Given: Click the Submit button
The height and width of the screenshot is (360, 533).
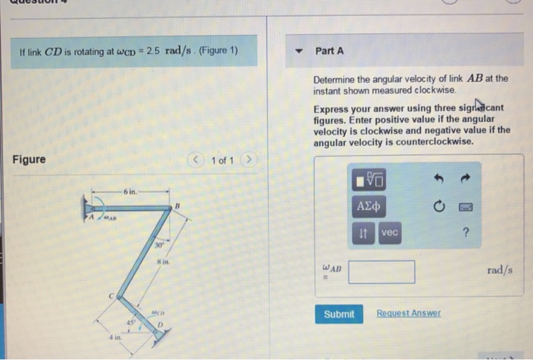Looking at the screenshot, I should pos(339,314).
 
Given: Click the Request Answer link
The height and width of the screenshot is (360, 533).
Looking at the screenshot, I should pos(408,314).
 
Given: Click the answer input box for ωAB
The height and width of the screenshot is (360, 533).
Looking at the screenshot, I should pos(381,272).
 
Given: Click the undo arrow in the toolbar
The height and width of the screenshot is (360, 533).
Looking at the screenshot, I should pos(437,178).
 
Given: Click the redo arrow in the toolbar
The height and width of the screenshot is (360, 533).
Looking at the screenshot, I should pos(464,178).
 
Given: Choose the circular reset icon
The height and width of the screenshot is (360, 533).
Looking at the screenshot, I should pos(438,206).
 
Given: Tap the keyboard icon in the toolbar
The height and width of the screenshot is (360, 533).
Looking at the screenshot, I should pos(464,206).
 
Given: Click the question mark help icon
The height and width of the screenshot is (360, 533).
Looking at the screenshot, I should pos(464,234).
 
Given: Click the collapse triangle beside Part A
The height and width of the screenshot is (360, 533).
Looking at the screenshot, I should pos(298,52).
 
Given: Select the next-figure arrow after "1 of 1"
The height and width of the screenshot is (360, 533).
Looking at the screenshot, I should pos(253,160).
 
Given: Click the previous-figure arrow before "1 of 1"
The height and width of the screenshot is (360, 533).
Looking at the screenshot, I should pos(199,160).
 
